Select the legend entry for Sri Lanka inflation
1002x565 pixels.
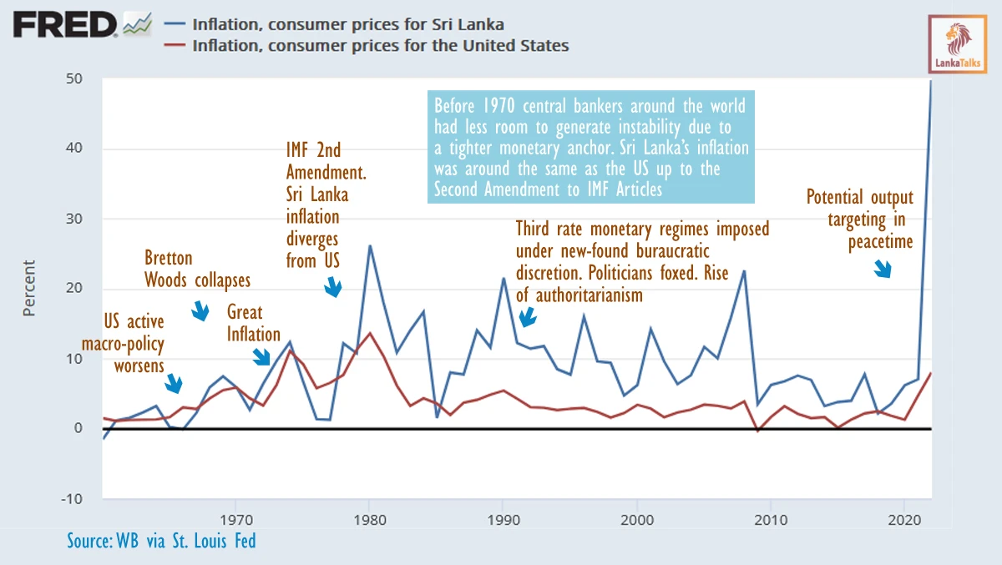click(347, 25)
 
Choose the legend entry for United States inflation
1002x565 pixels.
click(380, 45)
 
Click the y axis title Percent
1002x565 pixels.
click(29, 288)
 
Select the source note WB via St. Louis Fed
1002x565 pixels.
click(161, 541)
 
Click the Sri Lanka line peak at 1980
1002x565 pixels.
click(369, 245)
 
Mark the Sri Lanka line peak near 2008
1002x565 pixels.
click(743, 270)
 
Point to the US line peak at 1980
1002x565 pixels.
click(370, 333)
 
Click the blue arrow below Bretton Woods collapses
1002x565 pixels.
click(200, 312)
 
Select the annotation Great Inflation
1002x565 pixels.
click(254, 324)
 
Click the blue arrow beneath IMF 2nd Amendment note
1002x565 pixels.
click(333, 287)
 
